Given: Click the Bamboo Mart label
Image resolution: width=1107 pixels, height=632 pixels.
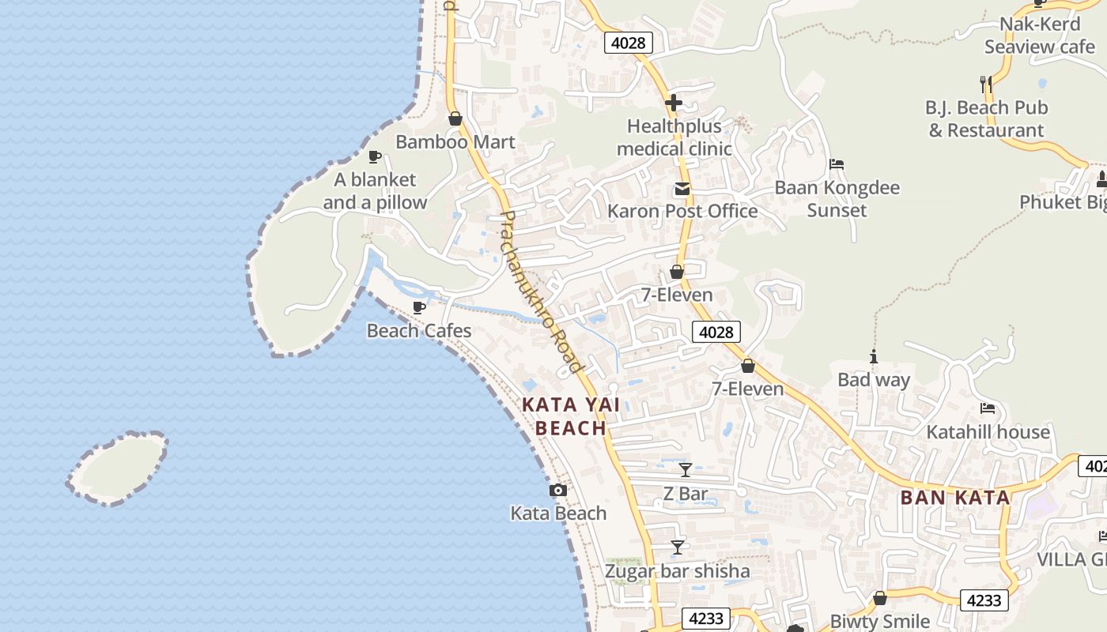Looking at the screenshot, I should tap(455, 142).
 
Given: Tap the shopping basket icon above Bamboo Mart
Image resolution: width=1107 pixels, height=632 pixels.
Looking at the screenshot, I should tap(455, 119).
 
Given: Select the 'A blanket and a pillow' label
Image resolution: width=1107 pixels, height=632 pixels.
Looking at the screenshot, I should tap(375, 191).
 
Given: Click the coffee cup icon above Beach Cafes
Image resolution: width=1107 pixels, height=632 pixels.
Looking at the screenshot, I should tap(419, 307).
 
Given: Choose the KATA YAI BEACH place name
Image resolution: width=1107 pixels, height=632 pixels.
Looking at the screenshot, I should tap(570, 416).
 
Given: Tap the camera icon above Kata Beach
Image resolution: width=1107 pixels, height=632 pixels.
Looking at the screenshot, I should tap(558, 491).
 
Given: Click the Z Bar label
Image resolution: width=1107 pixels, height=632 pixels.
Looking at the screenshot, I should tap(686, 495).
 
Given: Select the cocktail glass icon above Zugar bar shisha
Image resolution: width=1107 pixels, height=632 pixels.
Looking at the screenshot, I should tap(678, 547).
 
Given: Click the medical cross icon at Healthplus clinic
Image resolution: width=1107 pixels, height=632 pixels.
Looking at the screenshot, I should tap(674, 103).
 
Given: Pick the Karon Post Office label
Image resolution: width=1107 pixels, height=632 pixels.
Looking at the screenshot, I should tap(682, 211).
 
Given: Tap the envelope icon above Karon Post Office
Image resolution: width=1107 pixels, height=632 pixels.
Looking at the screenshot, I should tap(682, 189).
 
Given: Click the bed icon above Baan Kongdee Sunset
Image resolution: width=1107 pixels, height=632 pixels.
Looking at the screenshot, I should tap(837, 164).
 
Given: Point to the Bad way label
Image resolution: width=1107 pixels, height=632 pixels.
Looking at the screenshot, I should tap(874, 380).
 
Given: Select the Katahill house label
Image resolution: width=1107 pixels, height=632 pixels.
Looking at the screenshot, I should tap(988, 432).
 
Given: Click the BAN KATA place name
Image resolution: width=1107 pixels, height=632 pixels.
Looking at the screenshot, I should tap(955, 498).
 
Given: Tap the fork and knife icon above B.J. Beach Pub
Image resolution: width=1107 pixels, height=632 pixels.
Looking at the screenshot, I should tap(985, 84).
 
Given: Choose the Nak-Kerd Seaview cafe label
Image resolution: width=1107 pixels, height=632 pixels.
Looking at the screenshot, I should tap(1040, 36).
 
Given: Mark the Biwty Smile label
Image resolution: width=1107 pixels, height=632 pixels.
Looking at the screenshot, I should tap(879, 621).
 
